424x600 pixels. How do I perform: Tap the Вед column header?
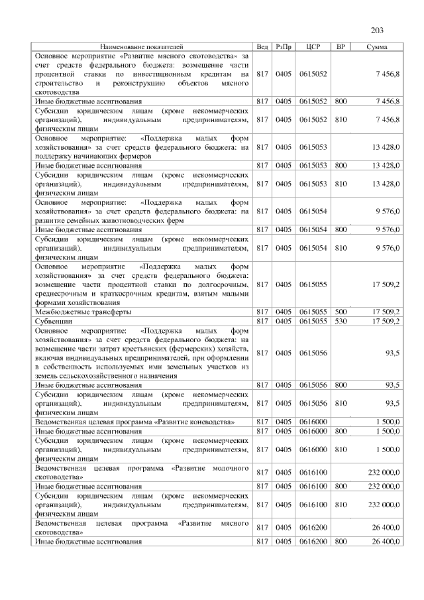(262, 46)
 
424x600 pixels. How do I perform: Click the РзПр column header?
(284, 46)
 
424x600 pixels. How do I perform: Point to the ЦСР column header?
(313, 46)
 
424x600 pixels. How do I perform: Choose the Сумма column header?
(377, 46)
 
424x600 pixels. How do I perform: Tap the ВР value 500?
(341, 311)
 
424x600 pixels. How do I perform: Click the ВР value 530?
(341, 320)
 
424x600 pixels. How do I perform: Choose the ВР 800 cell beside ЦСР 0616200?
(341, 541)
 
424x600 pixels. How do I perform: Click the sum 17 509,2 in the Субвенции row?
(386, 320)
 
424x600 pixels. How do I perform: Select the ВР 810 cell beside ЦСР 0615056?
(341, 403)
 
